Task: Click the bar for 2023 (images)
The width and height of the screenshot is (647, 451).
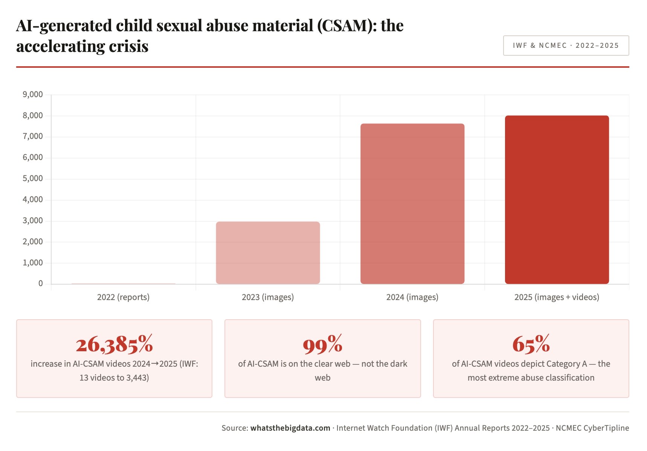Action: pyautogui.click(x=268, y=253)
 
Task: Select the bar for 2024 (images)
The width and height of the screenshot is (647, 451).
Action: pyautogui.click(x=412, y=204)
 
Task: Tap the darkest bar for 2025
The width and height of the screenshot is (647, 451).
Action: pyautogui.click(x=557, y=200)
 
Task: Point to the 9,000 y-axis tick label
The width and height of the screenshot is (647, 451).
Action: pyautogui.click(x=33, y=94)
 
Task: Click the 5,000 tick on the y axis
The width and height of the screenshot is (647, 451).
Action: pyautogui.click(x=33, y=178)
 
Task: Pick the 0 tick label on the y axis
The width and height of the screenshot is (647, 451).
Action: pyautogui.click(x=41, y=283)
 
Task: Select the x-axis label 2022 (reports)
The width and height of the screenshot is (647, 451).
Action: pyautogui.click(x=123, y=297)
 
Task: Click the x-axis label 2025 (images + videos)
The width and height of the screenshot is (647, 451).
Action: pyautogui.click(x=557, y=297)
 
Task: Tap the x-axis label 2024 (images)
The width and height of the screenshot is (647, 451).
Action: pyautogui.click(x=412, y=297)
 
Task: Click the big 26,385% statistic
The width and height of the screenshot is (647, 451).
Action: pyautogui.click(x=114, y=344)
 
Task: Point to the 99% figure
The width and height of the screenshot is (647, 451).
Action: pyautogui.click(x=322, y=344)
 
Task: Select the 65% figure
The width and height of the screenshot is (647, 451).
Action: pyautogui.click(x=531, y=344)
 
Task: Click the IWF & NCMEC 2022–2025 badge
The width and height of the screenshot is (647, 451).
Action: pyautogui.click(x=566, y=46)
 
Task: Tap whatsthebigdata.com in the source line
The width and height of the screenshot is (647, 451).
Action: pyautogui.click(x=290, y=428)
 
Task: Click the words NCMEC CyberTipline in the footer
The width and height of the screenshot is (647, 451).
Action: pyautogui.click(x=592, y=428)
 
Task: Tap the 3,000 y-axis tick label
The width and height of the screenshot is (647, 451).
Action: pyautogui.click(x=33, y=221)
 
